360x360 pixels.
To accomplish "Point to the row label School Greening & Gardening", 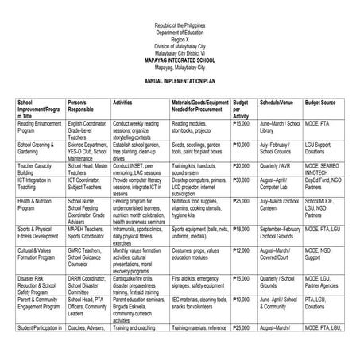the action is pyautogui.click(x=37, y=148).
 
